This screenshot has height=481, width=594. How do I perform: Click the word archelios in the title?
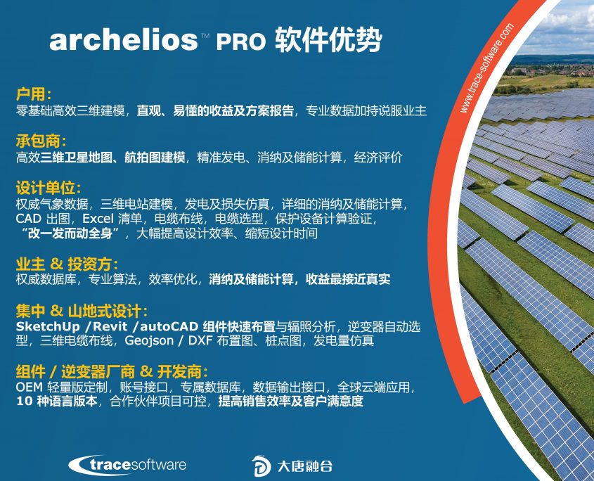click(x=124, y=39)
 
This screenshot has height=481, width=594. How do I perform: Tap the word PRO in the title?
click(x=241, y=41)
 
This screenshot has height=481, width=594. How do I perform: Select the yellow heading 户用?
click(x=34, y=94)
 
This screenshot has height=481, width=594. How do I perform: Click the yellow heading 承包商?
click(x=41, y=141)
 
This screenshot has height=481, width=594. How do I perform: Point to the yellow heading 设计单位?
click(x=49, y=188)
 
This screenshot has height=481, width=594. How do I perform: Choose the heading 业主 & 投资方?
click(x=67, y=264)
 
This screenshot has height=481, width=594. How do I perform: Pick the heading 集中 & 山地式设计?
click(x=82, y=311)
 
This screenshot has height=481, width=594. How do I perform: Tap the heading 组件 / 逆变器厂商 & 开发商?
click(x=112, y=372)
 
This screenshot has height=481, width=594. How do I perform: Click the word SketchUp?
click(x=48, y=327)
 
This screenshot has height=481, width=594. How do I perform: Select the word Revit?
click(x=110, y=326)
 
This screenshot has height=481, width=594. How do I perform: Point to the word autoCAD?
click(x=169, y=326)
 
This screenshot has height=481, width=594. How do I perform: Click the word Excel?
click(x=98, y=219)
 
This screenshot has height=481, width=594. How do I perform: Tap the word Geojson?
click(x=149, y=341)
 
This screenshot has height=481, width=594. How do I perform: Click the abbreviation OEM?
click(x=29, y=387)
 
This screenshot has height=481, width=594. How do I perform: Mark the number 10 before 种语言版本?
click(x=23, y=401)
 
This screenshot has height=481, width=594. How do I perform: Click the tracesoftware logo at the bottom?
click(x=127, y=465)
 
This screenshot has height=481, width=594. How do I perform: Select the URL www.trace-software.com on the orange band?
click(x=486, y=68)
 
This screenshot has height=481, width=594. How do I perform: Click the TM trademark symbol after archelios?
click(x=205, y=36)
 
